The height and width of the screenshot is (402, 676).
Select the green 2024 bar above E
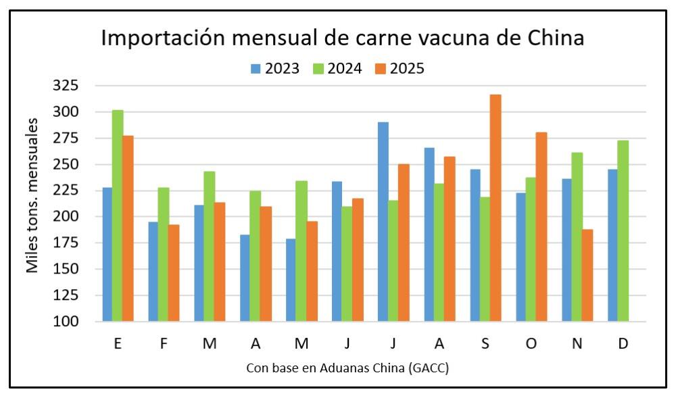pyautogui.click(x=118, y=216)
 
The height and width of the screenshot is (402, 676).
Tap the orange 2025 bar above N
pyautogui.click(x=587, y=276)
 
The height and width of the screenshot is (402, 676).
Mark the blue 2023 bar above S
pyautogui.click(x=475, y=245)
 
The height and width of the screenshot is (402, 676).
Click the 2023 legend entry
pyautogui.click(x=275, y=68)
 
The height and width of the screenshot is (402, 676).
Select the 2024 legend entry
pyautogui.click(x=337, y=68)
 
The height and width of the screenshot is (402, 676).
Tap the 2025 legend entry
pyautogui.click(x=400, y=68)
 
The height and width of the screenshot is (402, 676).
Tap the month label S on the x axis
pyautogui.click(x=485, y=344)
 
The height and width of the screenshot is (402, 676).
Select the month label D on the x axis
pyautogui.click(x=623, y=344)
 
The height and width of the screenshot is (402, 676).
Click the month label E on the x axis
pyautogui.click(x=118, y=344)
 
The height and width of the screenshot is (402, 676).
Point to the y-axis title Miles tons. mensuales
pyautogui.click(x=32, y=195)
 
